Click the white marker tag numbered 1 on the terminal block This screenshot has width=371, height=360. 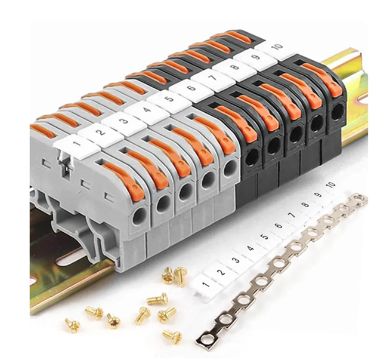77,146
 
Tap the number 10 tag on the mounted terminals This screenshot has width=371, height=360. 277,48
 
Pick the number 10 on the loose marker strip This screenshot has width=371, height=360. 332,184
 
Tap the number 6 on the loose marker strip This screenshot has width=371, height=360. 279,226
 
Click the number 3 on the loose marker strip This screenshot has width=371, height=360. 236,260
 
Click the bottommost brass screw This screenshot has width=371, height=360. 172,336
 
